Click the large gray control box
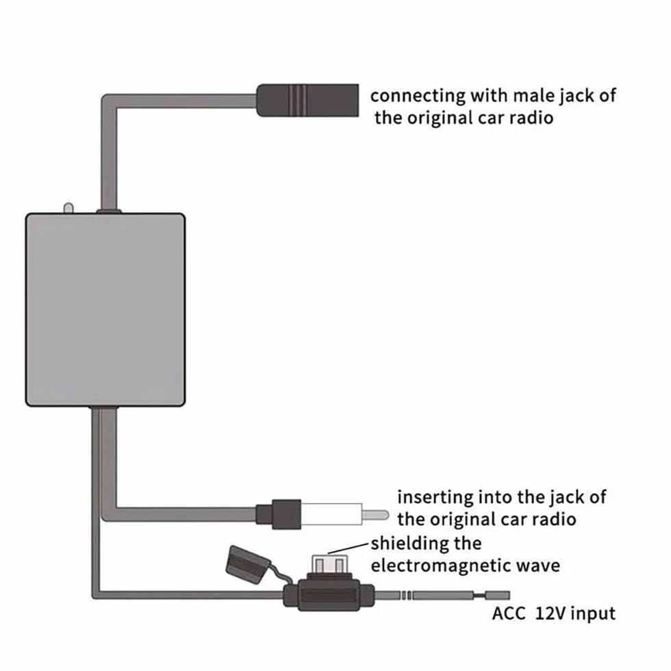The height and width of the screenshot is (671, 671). click(105, 309)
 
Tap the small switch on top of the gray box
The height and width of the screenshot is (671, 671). click(68, 208)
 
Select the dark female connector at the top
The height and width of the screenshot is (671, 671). click(307, 100)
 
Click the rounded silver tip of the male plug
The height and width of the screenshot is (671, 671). click(376, 514)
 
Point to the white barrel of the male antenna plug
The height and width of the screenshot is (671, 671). click(331, 514)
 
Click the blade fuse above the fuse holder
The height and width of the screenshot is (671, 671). click(329, 565)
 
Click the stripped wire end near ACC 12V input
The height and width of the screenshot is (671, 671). click(497, 595)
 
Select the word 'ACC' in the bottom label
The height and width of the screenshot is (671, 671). click(508, 613)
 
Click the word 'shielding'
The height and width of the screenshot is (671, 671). click(408, 544)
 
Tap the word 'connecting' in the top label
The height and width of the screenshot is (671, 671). click(418, 96)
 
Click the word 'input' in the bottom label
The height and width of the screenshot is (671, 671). click(593, 613)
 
